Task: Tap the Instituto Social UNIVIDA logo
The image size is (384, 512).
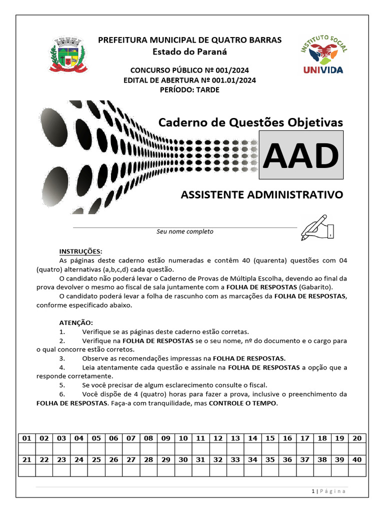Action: click(x=323, y=54)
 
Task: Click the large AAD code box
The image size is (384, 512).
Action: click(x=301, y=155)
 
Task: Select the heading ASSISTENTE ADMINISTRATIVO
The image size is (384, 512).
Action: click(x=262, y=194)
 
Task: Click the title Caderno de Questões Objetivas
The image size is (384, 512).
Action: click(x=250, y=122)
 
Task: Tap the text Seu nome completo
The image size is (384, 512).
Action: click(x=185, y=231)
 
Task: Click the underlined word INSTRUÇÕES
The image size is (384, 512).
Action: click(x=80, y=251)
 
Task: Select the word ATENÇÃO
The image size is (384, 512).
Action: click(x=76, y=322)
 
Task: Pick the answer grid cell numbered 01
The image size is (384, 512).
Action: click(x=27, y=438)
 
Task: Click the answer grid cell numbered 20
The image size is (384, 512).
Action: click(x=357, y=438)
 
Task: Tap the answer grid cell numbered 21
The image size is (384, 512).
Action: click(x=27, y=459)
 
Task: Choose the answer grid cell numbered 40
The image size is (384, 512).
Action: click(x=357, y=459)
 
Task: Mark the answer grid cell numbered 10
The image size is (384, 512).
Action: click(x=183, y=438)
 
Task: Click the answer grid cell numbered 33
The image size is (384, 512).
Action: click(x=235, y=459)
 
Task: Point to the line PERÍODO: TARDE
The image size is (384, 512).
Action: click(x=189, y=90)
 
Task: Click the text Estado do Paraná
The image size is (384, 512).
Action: click(x=189, y=51)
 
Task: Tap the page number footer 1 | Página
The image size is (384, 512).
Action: click(x=328, y=491)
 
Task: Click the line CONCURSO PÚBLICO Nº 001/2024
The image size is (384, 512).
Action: click(x=189, y=70)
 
